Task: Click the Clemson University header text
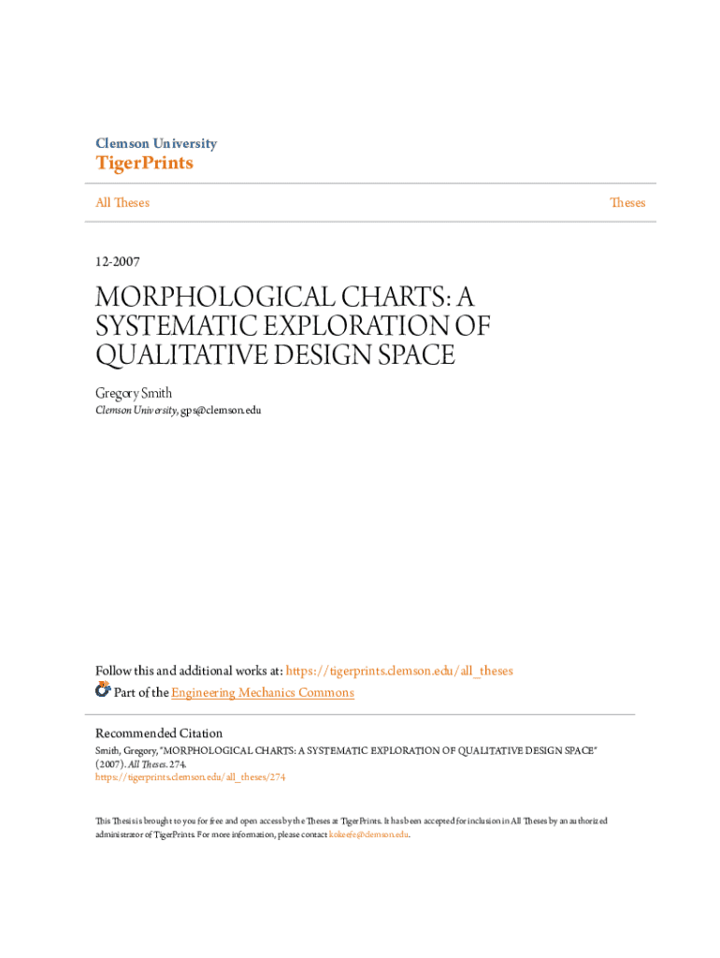156,144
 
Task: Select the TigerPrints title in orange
144,164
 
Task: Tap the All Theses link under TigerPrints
122,203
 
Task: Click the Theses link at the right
627,203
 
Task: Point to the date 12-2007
118,262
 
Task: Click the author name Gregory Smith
134,394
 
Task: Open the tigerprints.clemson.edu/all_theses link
399,671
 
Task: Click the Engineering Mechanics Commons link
263,693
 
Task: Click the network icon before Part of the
103,690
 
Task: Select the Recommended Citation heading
159,733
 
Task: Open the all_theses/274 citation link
191,777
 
